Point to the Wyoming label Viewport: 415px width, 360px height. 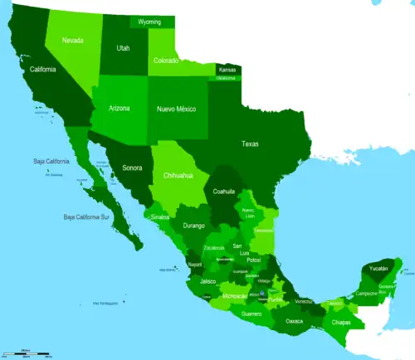(x=150, y=22)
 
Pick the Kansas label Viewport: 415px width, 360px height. (x=227, y=71)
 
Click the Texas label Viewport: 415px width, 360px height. (x=250, y=144)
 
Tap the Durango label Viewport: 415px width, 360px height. (x=193, y=225)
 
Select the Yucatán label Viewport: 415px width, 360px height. (x=378, y=268)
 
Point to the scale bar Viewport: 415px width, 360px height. (x=27, y=353)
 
